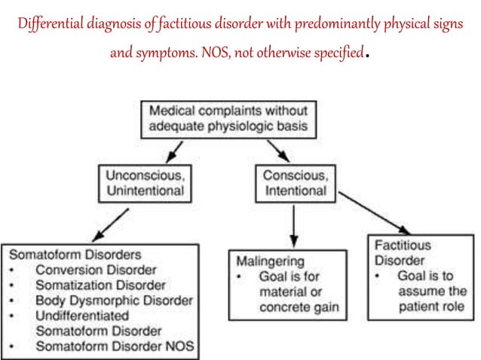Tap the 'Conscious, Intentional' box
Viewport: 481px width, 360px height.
click(x=295, y=182)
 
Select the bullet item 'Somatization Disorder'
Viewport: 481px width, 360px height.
click(x=97, y=285)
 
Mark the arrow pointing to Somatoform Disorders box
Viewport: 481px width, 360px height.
click(x=110, y=223)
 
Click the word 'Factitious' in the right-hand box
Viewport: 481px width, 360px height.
click(x=403, y=246)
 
